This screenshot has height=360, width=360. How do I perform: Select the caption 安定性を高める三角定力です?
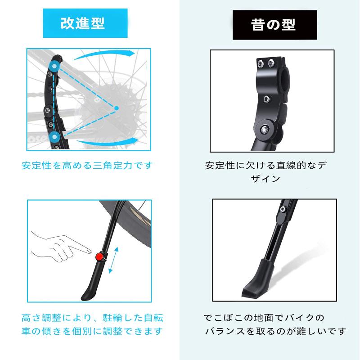coord(87,165)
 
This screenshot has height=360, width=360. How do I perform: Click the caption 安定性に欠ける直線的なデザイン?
coord(265,171)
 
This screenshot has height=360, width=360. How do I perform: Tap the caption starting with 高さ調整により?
coord(92,324)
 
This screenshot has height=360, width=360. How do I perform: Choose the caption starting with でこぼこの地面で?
coord(274,324)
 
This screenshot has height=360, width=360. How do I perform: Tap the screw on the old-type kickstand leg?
coord(283,209)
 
